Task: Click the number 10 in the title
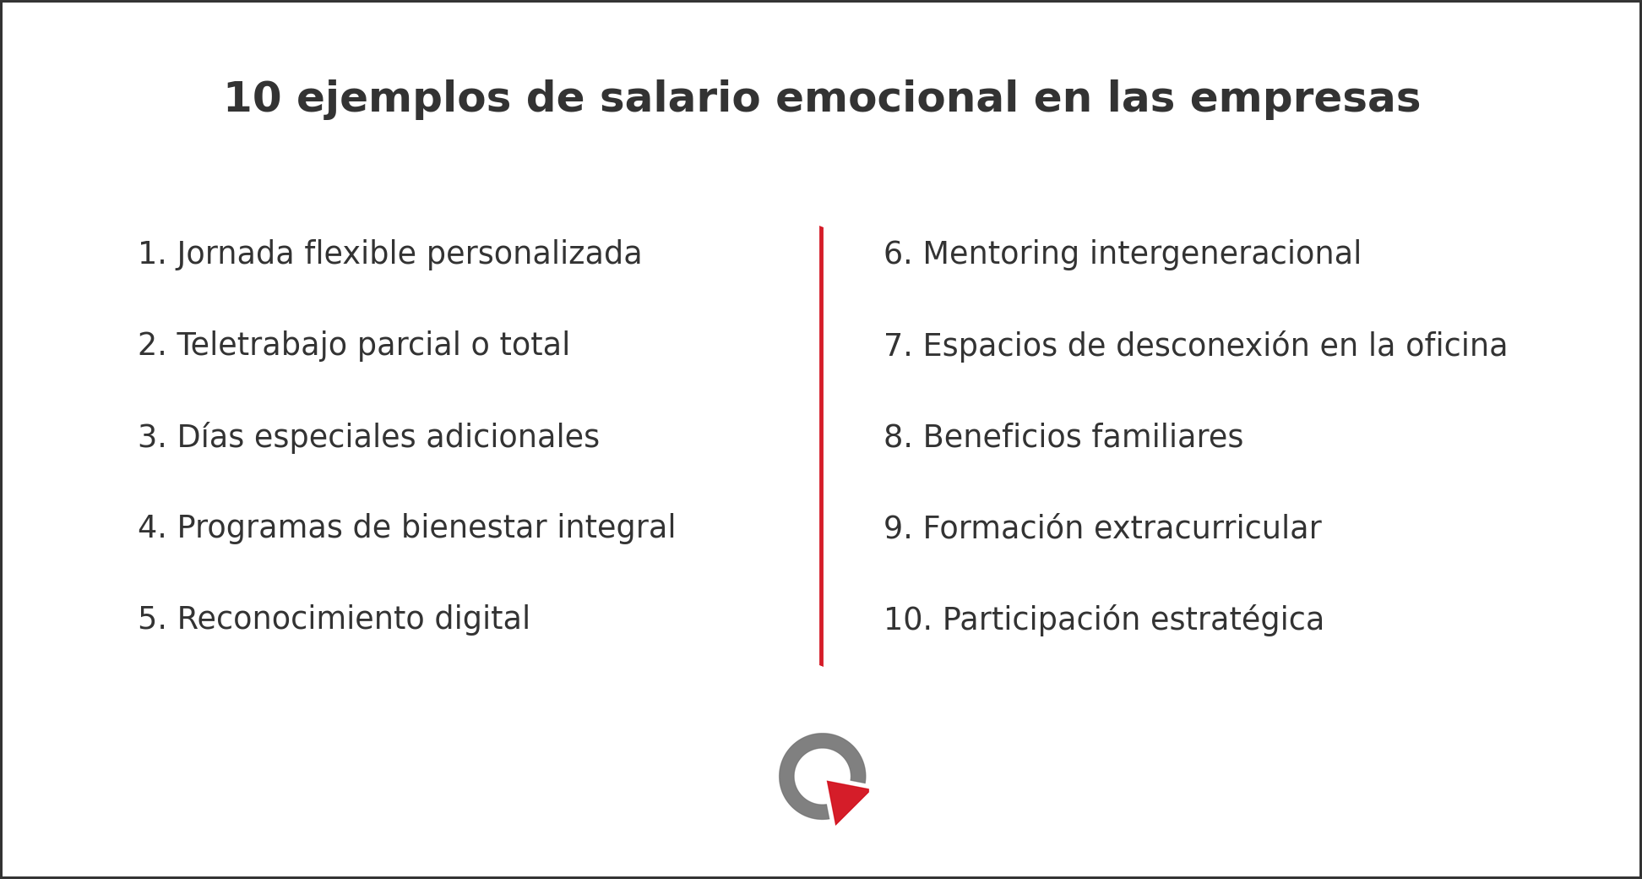[252, 98]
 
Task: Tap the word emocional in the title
[897, 97]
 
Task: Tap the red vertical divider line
[821, 446]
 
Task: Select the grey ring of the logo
[786, 777]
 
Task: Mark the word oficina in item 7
[1456, 345]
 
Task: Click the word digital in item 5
[482, 619]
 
